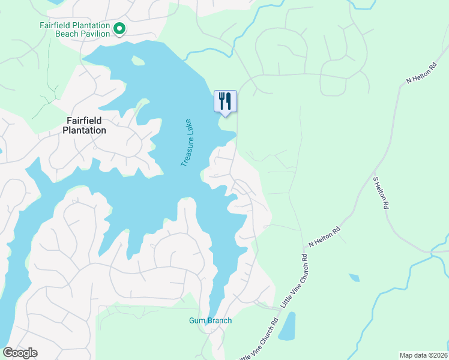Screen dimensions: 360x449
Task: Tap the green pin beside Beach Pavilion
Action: click(119, 28)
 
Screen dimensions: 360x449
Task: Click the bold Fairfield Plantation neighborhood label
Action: click(85, 125)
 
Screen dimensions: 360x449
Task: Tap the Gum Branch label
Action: click(210, 320)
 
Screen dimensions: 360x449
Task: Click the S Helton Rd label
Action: click(381, 193)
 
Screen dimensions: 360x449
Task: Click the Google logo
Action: click(20, 353)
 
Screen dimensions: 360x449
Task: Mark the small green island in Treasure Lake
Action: click(138, 61)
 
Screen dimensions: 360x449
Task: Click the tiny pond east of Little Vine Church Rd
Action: click(354, 278)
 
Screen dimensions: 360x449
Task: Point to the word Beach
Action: click(67, 34)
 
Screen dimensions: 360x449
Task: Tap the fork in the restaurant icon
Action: click(222, 100)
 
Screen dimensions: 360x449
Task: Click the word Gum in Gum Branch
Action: click(196, 320)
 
